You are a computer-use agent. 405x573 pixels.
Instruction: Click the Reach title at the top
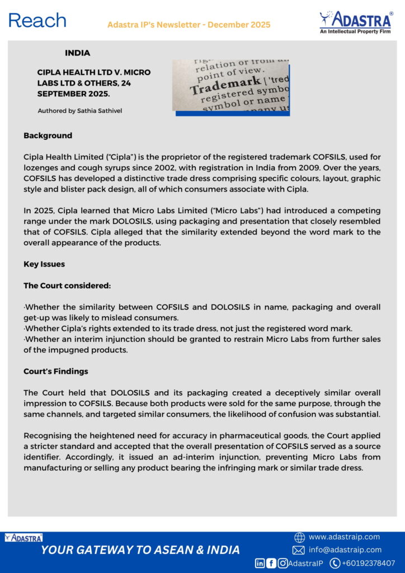tap(37, 21)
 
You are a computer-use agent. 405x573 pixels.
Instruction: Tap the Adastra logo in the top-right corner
tap(355, 22)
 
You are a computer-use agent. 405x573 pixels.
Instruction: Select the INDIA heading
tap(77, 53)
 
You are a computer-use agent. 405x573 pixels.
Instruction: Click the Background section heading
tap(48, 135)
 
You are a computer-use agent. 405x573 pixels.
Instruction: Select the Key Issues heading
tap(44, 264)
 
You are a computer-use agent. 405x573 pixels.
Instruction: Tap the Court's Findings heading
tap(55, 371)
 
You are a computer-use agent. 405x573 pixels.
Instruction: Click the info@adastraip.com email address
tap(345, 550)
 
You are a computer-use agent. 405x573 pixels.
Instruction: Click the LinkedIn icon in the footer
tap(260, 563)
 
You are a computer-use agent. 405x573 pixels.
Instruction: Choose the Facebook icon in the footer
tap(271, 563)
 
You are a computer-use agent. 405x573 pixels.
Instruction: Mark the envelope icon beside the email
tap(299, 550)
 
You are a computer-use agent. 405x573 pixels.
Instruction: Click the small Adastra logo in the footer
tap(23, 538)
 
